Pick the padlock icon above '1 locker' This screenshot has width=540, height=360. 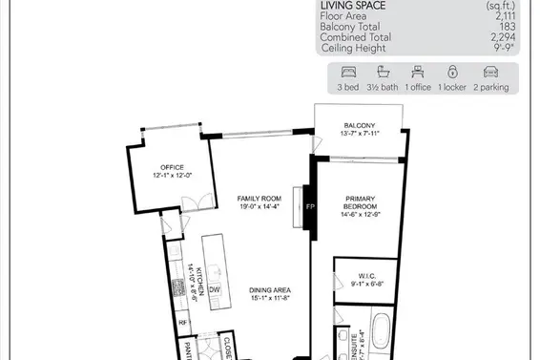click(x=451, y=72)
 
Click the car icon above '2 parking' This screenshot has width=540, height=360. click(x=490, y=72)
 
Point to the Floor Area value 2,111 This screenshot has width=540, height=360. click(x=502, y=16)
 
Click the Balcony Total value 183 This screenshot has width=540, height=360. click(x=506, y=27)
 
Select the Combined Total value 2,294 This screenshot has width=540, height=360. click(x=502, y=36)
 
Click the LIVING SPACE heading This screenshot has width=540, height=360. click(x=353, y=5)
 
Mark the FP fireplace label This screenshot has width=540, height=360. click(x=309, y=205)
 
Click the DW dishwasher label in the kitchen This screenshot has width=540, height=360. click(x=215, y=288)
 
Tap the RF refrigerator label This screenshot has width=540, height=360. click(x=184, y=323)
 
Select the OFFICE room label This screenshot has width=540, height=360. click(x=172, y=166)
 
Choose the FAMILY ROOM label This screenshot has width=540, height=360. click(x=257, y=199)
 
